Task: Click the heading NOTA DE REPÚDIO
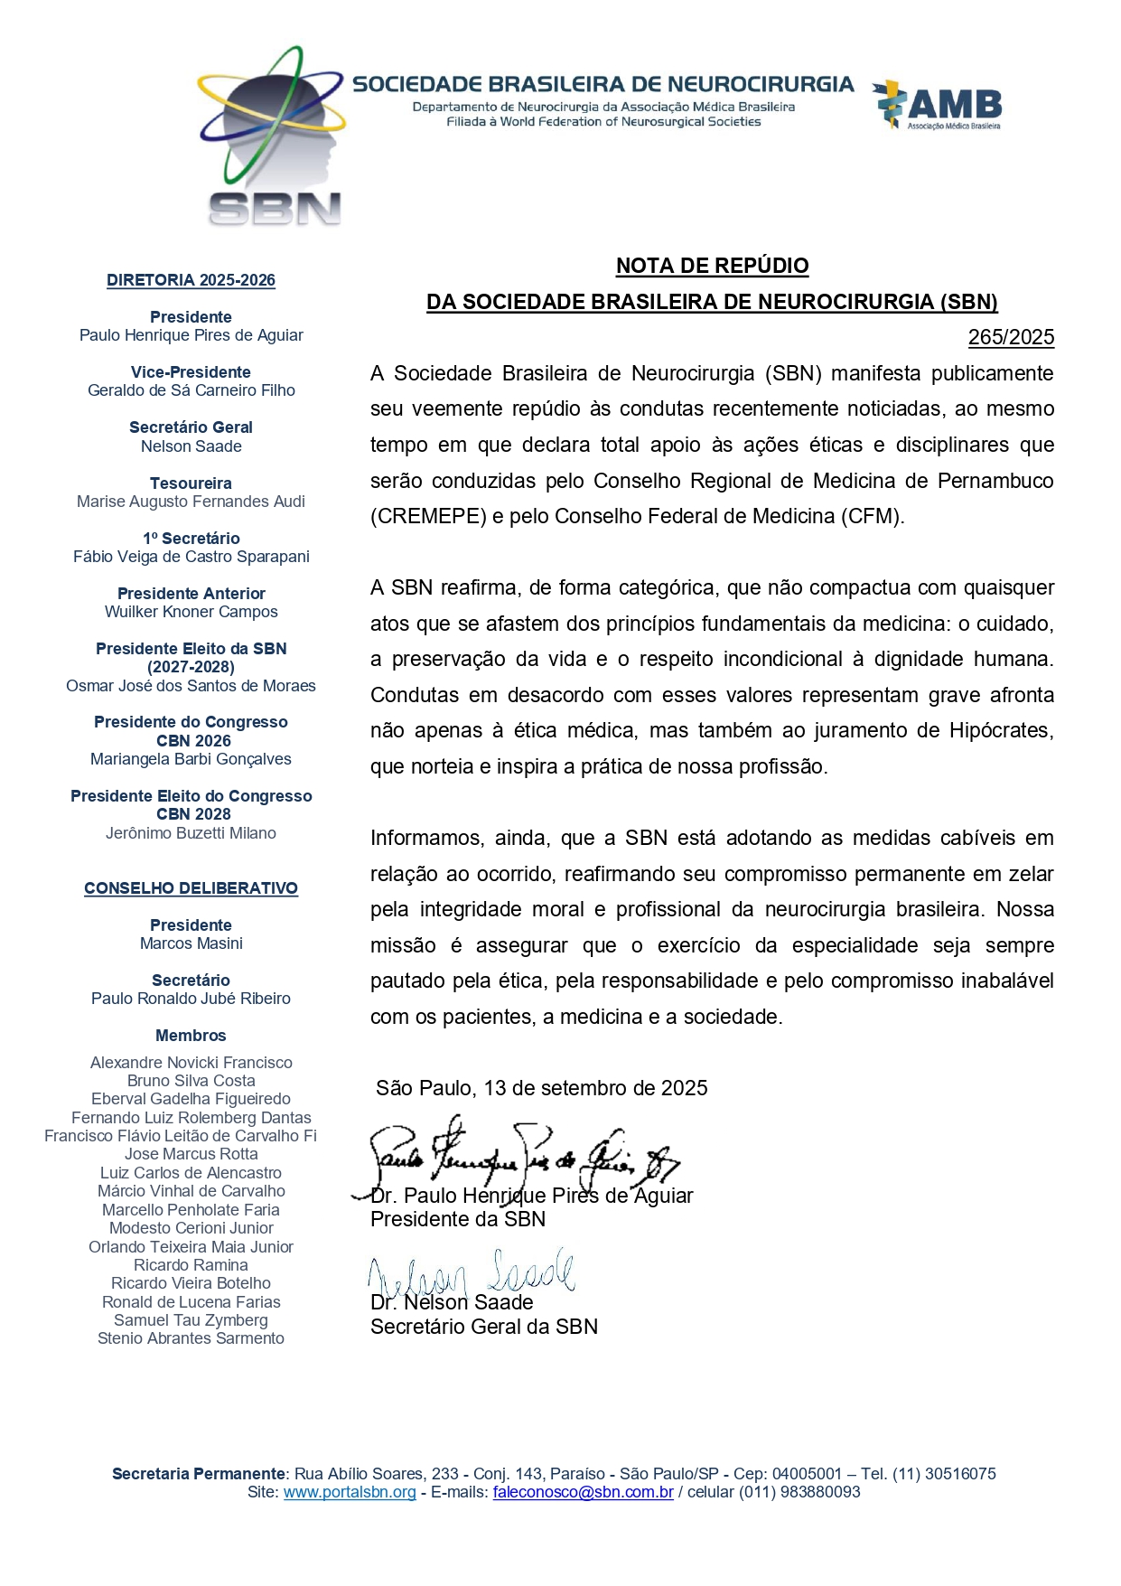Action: pyautogui.click(x=712, y=266)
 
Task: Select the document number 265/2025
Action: pyautogui.click(x=1011, y=337)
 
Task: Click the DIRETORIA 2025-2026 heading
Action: pyautogui.click(x=191, y=280)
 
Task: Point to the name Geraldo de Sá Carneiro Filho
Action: pyautogui.click(x=191, y=390)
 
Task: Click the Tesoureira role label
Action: pyautogui.click(x=191, y=483)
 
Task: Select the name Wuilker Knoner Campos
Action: pyautogui.click(x=191, y=612)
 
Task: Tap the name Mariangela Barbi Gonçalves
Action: pyautogui.click(x=191, y=759)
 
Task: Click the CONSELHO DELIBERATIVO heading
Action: pyautogui.click(x=191, y=888)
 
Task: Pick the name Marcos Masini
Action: pyautogui.click(x=191, y=943)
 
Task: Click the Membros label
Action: pyautogui.click(x=191, y=1036)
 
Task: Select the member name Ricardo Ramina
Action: pyautogui.click(x=191, y=1265)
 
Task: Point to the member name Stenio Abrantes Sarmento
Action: pyautogui.click(x=191, y=1338)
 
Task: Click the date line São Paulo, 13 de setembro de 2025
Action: pyautogui.click(x=541, y=1088)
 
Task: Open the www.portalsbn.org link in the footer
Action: pyautogui.click(x=350, y=1492)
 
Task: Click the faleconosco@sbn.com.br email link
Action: pyautogui.click(x=583, y=1492)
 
